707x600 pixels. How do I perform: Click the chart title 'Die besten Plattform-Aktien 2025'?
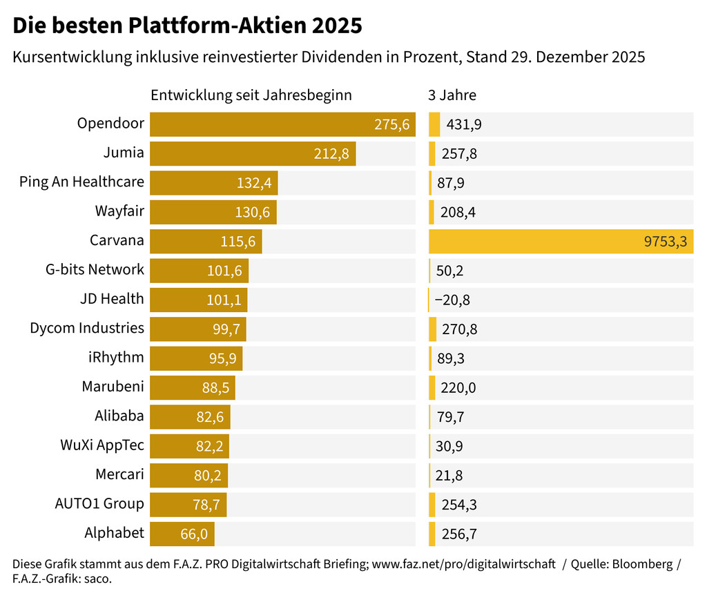click(187, 26)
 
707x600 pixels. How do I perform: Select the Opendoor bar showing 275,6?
click(282, 124)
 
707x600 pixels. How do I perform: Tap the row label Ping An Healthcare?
click(81, 182)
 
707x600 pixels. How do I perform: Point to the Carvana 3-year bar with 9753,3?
click(561, 241)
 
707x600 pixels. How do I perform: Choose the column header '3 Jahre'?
click(452, 95)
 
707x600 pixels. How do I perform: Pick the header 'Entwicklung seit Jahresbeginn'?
click(251, 95)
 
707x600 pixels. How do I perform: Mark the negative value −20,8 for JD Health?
click(452, 300)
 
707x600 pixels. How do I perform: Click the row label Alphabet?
click(114, 533)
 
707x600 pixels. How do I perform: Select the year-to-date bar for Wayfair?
click(213, 212)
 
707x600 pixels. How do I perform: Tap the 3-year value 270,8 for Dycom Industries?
click(459, 329)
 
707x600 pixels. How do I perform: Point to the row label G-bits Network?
click(95, 270)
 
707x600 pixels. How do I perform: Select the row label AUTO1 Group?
click(99, 504)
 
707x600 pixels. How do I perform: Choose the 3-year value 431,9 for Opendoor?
click(464, 124)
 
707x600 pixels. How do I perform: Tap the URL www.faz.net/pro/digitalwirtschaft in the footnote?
click(463, 564)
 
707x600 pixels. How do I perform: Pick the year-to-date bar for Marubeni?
click(192, 387)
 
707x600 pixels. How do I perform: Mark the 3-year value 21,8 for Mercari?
click(449, 475)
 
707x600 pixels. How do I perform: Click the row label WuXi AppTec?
click(102, 445)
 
